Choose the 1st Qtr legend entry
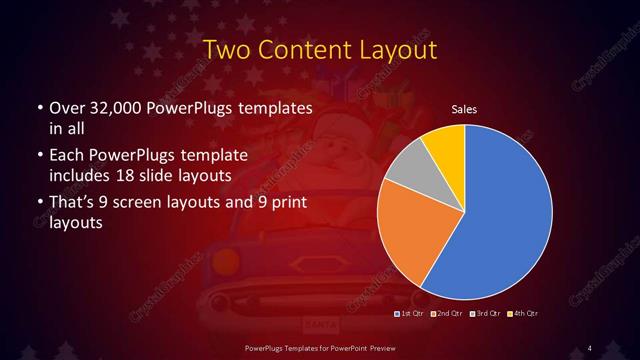[410, 314]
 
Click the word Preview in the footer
[375, 347]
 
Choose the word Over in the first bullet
[66, 108]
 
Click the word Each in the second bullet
[66, 156]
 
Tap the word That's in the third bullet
[73, 204]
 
